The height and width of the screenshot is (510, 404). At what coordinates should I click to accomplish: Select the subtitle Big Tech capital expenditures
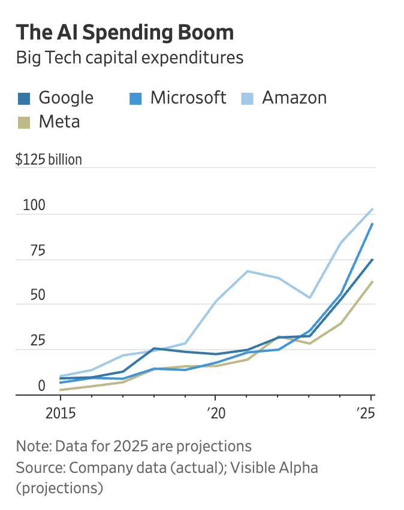point(129,58)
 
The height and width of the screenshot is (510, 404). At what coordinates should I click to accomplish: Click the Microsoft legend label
point(188,98)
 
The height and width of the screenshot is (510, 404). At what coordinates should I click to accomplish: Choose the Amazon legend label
point(294,98)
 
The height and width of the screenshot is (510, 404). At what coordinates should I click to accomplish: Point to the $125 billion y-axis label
point(49,160)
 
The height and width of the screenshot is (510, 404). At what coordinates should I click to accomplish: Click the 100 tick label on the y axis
point(34,205)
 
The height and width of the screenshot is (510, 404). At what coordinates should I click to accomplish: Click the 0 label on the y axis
point(41,386)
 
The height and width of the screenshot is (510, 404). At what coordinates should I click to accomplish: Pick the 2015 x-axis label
point(60,414)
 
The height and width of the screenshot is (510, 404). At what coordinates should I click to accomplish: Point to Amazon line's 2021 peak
point(246,271)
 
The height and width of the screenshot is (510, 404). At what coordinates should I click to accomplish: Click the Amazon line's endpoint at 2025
point(372,209)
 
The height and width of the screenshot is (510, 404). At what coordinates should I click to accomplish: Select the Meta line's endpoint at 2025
point(372,281)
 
